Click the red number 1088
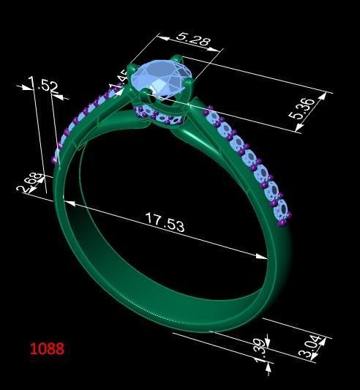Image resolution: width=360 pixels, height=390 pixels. tap(47, 348)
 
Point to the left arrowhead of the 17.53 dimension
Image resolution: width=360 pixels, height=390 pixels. tap(67, 201)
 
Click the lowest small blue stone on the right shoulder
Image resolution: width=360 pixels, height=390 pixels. tap(280, 211)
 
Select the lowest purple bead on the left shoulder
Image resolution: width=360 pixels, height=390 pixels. tap(55, 159)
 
